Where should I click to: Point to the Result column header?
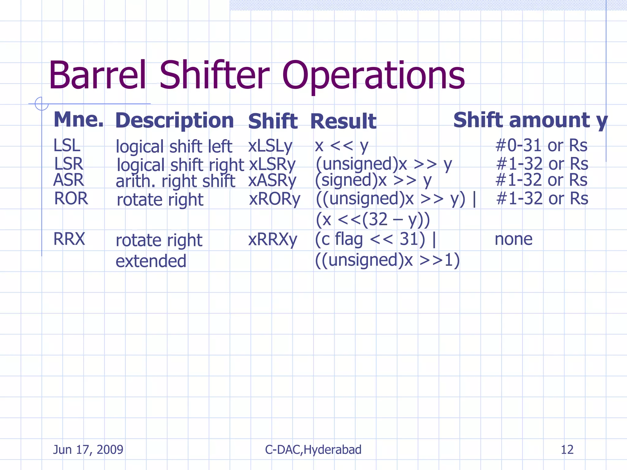point(343,121)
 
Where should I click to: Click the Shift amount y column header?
point(530,120)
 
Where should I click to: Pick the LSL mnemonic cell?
point(67,145)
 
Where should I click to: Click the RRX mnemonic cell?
point(69,239)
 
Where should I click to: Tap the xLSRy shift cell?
point(272,164)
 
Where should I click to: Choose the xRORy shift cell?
point(275,199)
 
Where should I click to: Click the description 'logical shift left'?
point(174,146)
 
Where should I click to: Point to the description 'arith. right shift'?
point(175,181)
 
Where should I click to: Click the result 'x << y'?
point(341,146)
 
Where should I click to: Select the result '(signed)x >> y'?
point(373,180)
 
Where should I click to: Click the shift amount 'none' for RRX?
point(513,239)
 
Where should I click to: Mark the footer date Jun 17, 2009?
point(88,449)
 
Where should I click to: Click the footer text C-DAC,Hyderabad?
point(313,449)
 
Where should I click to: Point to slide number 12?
point(567,449)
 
